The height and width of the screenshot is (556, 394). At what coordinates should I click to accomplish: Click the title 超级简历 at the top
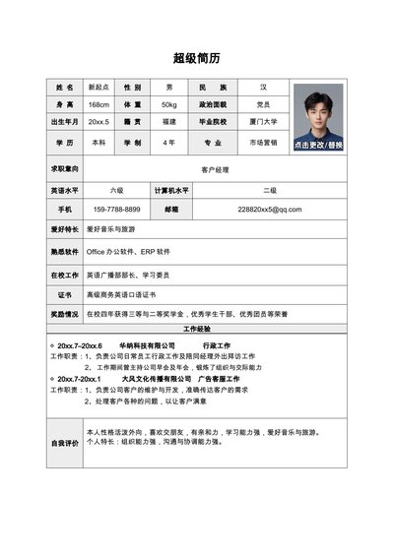[x=196, y=57]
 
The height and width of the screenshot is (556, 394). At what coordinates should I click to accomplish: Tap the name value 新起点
[x=98, y=87]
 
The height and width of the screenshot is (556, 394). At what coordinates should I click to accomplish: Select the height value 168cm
[x=98, y=104]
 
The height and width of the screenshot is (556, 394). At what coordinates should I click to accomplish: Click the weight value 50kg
[x=169, y=104]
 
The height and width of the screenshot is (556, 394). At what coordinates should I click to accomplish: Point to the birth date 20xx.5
[x=98, y=122]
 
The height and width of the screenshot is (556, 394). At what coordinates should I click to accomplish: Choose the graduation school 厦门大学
[x=263, y=122]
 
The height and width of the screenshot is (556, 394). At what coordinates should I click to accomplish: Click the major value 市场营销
[x=263, y=143]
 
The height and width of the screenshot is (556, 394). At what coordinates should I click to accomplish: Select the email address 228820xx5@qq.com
[x=263, y=210]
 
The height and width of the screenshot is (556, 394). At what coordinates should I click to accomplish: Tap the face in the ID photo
[x=317, y=109]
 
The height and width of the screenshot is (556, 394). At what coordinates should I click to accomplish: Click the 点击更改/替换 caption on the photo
[x=317, y=144]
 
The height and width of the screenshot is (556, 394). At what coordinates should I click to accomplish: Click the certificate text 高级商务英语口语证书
[x=122, y=294]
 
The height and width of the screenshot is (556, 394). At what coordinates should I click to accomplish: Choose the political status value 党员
[x=263, y=104]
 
